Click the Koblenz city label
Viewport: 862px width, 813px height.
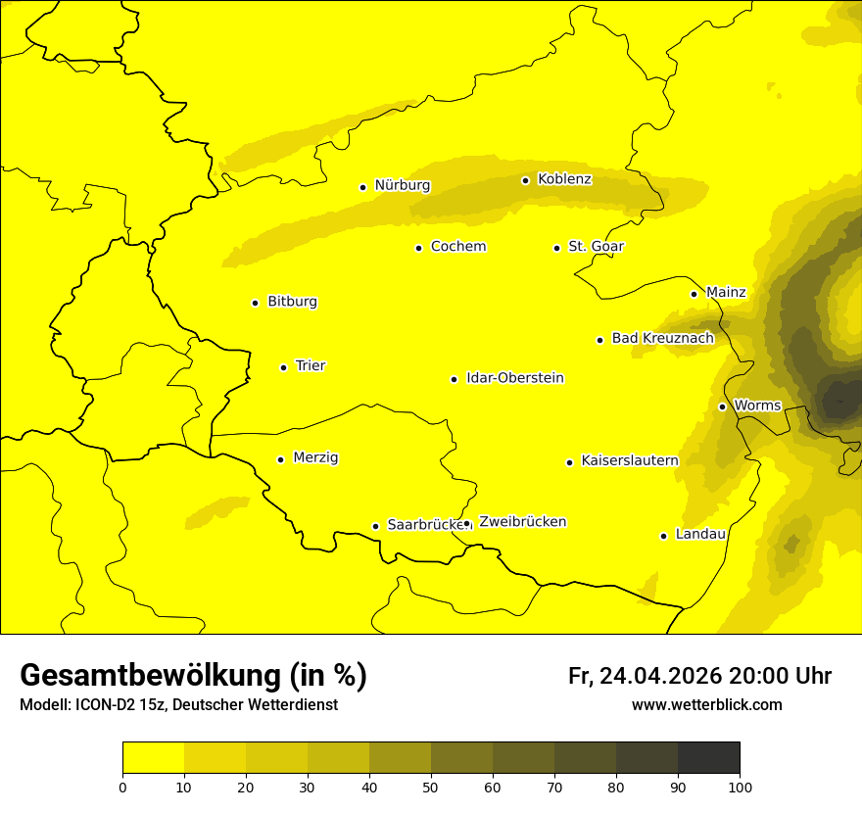pos(564,179)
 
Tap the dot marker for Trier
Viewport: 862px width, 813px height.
pos(283,367)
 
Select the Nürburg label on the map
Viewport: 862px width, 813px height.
pos(402,185)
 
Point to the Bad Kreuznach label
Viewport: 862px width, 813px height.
pos(662,338)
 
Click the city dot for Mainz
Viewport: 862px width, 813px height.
pos(694,294)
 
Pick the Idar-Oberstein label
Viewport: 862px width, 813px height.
pos(515,378)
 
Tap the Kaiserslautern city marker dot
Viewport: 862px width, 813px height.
pos(569,462)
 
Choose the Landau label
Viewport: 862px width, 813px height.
pos(700,534)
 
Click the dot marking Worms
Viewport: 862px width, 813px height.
pos(722,406)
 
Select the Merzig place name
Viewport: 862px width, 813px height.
pos(315,457)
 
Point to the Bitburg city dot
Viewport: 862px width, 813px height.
pos(255,303)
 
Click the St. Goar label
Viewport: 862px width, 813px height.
pos(596,246)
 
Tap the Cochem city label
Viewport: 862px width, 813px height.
pos(458,246)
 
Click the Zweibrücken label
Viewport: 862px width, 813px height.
pos(522,522)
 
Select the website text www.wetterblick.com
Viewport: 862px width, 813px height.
pos(706,705)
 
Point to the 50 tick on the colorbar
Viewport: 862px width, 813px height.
pos(431,786)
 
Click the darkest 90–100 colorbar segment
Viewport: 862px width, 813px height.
pos(708,757)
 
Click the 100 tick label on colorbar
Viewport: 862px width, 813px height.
pos(740,786)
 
